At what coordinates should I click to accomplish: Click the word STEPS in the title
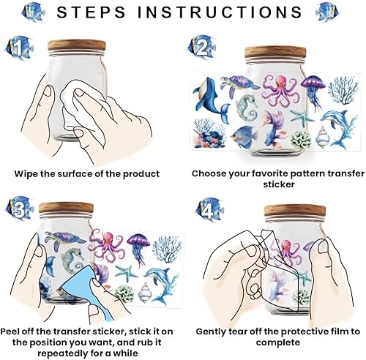(x=91, y=12)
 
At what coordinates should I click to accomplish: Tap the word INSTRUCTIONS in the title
(x=220, y=12)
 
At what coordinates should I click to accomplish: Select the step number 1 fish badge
(x=19, y=48)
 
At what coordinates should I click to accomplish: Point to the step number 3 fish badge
(x=19, y=209)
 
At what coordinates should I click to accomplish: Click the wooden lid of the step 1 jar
(x=77, y=45)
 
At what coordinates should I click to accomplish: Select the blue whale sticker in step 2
(x=211, y=100)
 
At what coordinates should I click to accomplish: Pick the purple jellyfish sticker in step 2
(x=313, y=91)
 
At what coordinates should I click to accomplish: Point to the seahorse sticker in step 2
(x=247, y=107)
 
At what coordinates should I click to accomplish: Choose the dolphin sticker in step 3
(x=160, y=286)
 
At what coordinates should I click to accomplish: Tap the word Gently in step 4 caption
(x=211, y=332)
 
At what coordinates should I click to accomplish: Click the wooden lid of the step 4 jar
(x=295, y=210)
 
